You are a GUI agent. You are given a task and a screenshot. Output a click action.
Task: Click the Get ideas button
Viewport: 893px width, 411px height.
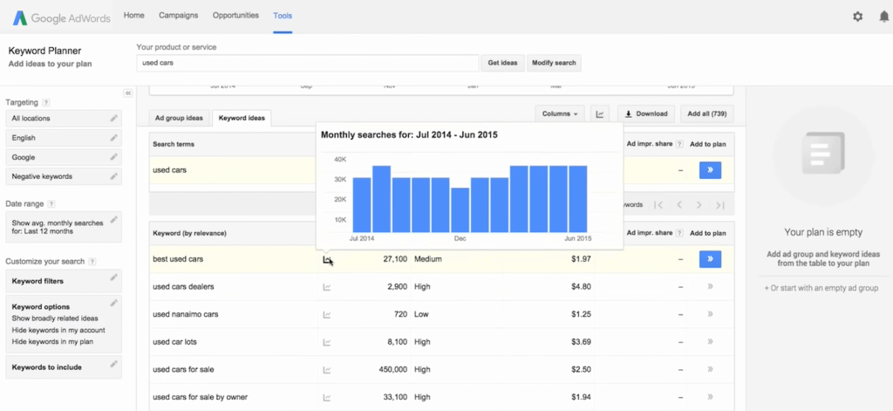[x=502, y=63]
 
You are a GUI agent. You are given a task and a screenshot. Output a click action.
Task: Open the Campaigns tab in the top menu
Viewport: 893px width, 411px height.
[x=178, y=16]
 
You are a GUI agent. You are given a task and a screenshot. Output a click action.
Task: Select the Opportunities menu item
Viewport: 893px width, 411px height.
[x=235, y=16]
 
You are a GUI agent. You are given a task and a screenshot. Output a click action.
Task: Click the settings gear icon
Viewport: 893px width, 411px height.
[x=857, y=17]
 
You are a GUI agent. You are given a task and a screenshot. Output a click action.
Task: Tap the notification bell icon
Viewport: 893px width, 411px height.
[x=883, y=17]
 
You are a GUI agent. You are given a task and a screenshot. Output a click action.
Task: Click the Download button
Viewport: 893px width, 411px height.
[x=645, y=113]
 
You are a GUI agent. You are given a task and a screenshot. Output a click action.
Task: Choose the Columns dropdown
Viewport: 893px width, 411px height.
[x=561, y=113]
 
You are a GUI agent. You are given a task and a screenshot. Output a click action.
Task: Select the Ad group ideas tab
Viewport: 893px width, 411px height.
[x=179, y=118]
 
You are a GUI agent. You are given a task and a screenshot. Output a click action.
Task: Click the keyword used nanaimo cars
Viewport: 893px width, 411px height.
[x=185, y=313]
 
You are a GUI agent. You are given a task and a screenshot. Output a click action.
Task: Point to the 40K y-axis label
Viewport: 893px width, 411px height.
[x=338, y=160]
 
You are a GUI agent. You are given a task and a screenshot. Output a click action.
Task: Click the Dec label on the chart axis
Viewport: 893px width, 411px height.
[x=460, y=238]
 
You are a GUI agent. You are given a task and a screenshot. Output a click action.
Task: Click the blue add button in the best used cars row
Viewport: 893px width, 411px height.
[x=710, y=259]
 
